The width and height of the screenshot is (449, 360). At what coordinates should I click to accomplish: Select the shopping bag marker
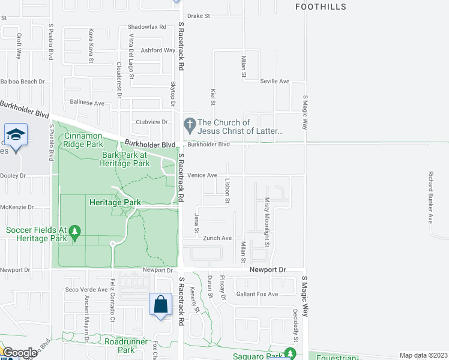point(161,305)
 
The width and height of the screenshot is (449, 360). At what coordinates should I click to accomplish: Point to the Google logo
point(20,353)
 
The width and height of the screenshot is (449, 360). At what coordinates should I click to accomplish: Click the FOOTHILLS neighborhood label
point(321,7)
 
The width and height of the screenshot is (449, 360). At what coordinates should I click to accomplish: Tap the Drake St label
point(198,16)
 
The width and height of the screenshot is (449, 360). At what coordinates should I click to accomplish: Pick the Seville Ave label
point(274,81)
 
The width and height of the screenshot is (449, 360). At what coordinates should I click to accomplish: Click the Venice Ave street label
point(202,175)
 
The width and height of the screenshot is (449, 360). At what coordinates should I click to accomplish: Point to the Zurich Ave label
point(218,238)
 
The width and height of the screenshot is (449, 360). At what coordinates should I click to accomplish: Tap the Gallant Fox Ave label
point(257,294)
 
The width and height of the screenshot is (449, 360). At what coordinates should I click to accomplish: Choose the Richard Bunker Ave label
point(430,197)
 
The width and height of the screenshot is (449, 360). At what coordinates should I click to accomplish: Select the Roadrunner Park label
point(126,345)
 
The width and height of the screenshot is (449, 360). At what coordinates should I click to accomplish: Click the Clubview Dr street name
point(152,122)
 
